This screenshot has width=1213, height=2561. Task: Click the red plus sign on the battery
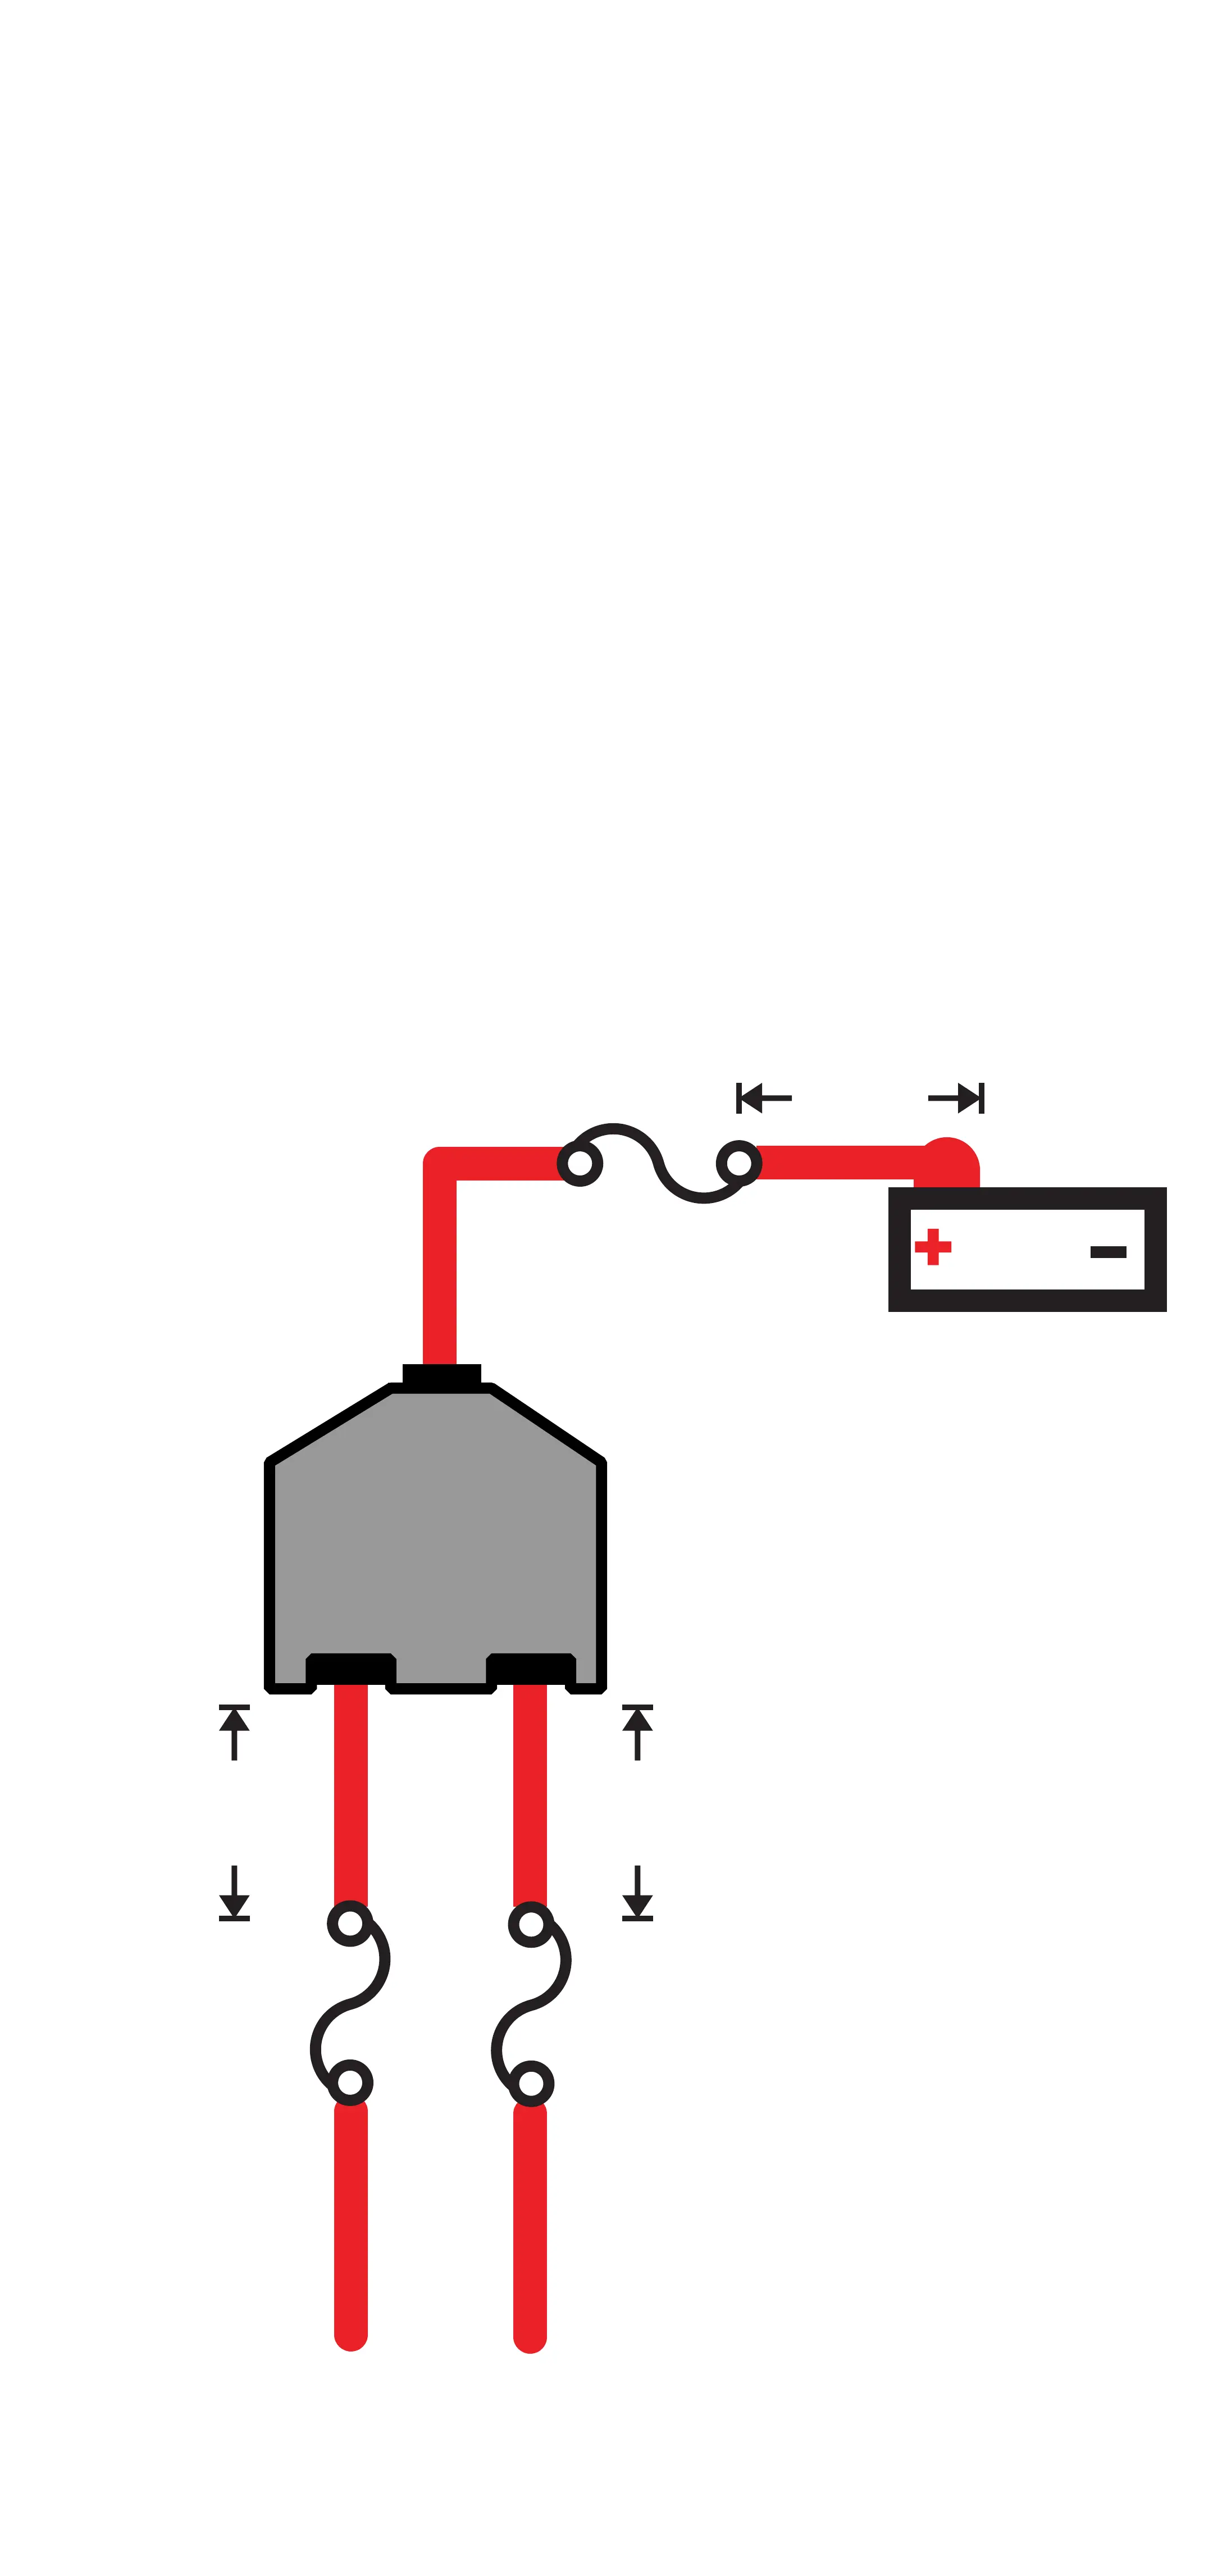click(x=933, y=1247)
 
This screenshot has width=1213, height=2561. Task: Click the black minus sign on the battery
click(x=1107, y=1252)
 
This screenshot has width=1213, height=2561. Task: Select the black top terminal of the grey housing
click(x=441, y=1376)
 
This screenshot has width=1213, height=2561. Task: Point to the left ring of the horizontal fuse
click(x=580, y=1163)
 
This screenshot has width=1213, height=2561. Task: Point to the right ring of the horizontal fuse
click(x=738, y=1162)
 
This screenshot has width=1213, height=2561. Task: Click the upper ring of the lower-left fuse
click(x=350, y=1924)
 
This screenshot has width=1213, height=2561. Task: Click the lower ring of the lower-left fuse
click(x=350, y=2082)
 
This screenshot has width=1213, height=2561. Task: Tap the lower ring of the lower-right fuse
click(x=531, y=2083)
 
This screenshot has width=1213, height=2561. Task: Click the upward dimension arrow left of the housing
click(x=234, y=1732)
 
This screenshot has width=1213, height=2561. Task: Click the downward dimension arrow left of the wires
click(x=234, y=1893)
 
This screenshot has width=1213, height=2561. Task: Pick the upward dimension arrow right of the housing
click(x=637, y=1732)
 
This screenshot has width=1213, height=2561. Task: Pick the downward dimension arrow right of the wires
click(x=637, y=1893)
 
